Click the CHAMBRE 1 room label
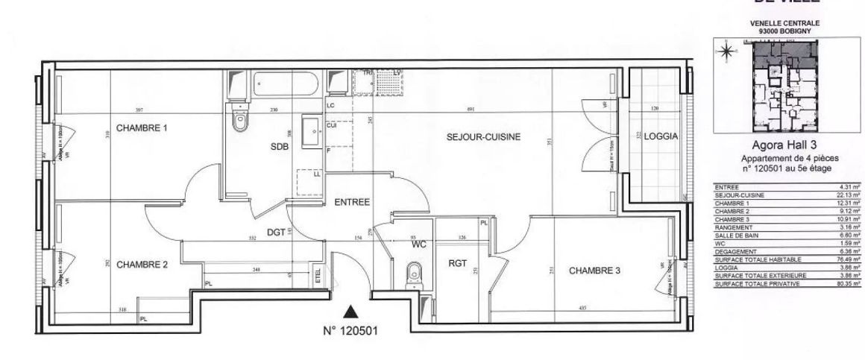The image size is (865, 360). [x=141, y=128]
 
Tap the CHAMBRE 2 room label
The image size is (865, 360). [x=142, y=264]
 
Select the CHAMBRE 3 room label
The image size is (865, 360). [x=594, y=271]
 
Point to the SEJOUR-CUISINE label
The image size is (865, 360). [x=482, y=137]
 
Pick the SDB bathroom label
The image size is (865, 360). [x=279, y=148]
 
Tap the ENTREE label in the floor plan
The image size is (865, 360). [x=352, y=202]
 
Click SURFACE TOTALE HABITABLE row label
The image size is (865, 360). [x=747, y=259]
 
